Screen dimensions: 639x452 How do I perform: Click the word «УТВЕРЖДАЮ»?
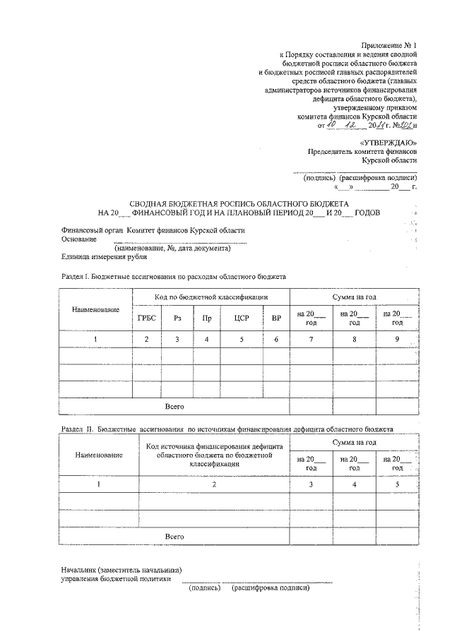[x=388, y=142]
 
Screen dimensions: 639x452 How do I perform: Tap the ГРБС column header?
[x=146, y=318]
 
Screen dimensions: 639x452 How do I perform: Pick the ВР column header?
[x=276, y=318]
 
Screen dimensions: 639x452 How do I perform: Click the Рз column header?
[x=177, y=318]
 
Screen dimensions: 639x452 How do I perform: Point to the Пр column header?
[x=207, y=318]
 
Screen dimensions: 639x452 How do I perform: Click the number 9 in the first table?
[x=397, y=340]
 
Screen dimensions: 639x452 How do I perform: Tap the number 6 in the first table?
[x=276, y=340]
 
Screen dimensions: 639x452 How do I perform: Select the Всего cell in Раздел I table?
[x=174, y=407]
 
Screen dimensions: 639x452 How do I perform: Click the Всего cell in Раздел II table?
[x=174, y=537]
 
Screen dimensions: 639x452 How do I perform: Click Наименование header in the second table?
[x=99, y=455]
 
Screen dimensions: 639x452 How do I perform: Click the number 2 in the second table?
[x=215, y=484]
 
